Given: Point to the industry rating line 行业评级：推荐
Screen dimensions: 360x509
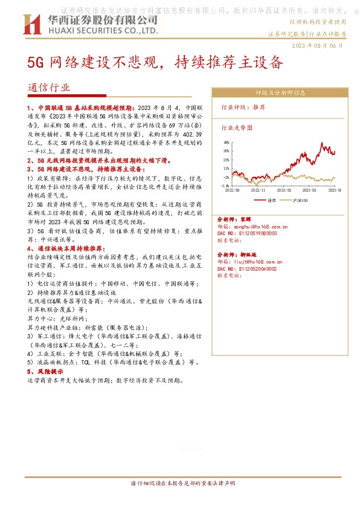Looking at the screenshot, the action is [243, 106].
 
